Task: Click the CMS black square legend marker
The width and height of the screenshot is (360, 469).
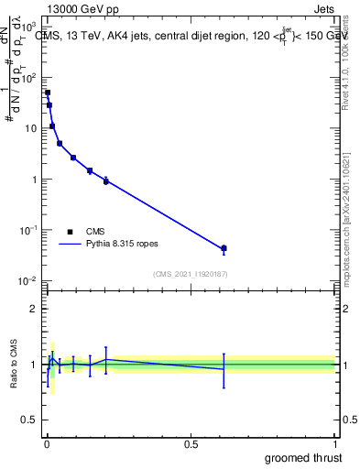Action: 70,232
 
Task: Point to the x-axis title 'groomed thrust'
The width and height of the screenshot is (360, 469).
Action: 304,457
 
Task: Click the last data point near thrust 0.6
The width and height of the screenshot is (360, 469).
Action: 224,248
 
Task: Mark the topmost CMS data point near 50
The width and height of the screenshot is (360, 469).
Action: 48,93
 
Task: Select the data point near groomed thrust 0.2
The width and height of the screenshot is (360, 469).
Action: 106,180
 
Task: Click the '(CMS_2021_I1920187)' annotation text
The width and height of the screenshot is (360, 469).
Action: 190,274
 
